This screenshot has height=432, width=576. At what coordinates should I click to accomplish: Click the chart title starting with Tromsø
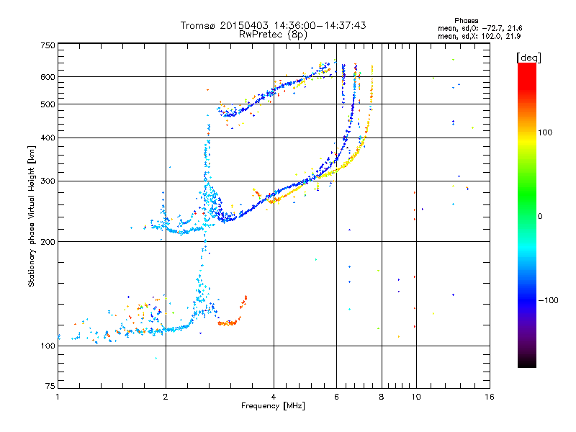coord(273,25)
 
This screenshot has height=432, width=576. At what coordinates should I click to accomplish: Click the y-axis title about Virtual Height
coord(32,216)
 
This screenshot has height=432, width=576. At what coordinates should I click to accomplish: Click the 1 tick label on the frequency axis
coord(58,397)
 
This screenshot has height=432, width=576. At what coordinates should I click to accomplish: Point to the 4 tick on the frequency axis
coord(274,397)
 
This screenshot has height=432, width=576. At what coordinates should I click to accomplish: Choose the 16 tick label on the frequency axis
coord(489,397)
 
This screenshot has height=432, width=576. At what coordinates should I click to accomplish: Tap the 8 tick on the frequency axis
coord(382,397)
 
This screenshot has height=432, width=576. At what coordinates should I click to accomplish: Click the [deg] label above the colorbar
coord(529,57)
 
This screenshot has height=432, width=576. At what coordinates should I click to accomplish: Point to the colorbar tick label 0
coord(541,216)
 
